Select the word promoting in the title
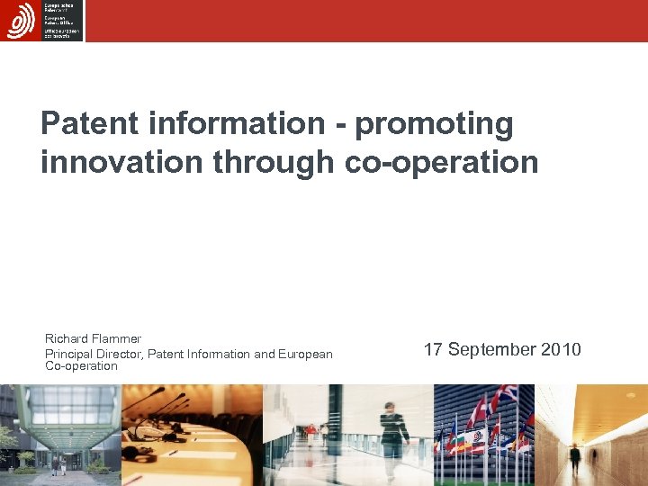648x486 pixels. pyautogui.click(x=435, y=124)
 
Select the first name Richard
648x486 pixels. pyautogui.click(x=66, y=339)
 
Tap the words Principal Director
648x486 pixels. pyautogui.click(x=94, y=354)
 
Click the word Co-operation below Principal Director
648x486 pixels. pyautogui.click(x=81, y=366)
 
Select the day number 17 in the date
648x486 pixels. pyautogui.click(x=433, y=349)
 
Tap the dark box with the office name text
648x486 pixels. pyautogui.click(x=62, y=20)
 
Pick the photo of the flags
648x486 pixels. pyautogui.click(x=484, y=435)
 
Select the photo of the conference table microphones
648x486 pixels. pyautogui.click(x=192, y=435)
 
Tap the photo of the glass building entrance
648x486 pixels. pyautogui.click(x=59, y=435)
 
